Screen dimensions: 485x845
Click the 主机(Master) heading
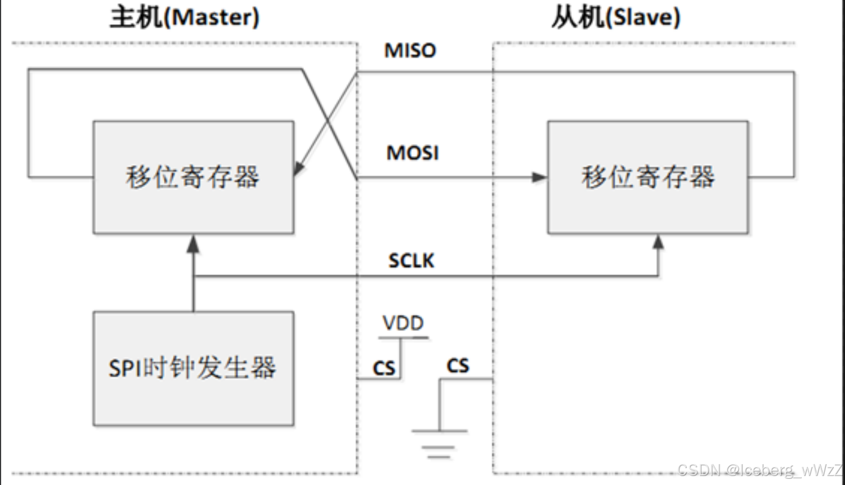pyautogui.click(x=185, y=17)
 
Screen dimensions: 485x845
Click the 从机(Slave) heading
pyautogui.click(x=615, y=17)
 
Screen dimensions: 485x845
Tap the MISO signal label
pyautogui.click(x=410, y=51)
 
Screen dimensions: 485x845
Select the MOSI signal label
pyautogui.click(x=412, y=153)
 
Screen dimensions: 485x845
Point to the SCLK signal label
pyautogui.click(x=412, y=260)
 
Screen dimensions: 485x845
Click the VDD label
pyautogui.click(x=403, y=323)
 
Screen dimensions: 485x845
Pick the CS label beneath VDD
pyautogui.click(x=384, y=368)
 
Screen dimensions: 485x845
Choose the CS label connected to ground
pyautogui.click(x=458, y=366)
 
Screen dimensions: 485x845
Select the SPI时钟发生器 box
pyautogui.click(x=193, y=368)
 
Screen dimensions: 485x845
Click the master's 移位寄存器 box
pyautogui.click(x=193, y=177)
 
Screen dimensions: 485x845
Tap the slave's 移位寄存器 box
pyautogui.click(x=647, y=177)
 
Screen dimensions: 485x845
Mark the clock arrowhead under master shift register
pyautogui.click(x=193, y=243)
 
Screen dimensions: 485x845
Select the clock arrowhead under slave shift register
pyautogui.click(x=658, y=242)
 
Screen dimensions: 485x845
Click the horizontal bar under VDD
pyautogui.click(x=403, y=338)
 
